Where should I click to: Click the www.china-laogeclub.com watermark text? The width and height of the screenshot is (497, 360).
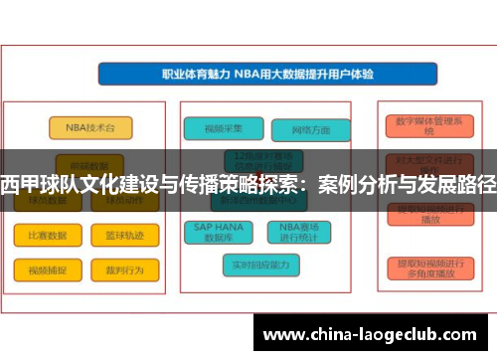tap(372, 332)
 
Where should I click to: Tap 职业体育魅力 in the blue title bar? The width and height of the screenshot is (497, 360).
tap(196, 74)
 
